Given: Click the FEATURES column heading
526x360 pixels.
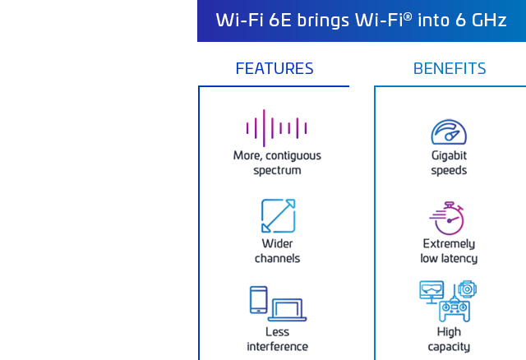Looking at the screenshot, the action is (x=275, y=68).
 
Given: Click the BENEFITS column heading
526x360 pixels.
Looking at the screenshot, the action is (x=450, y=68).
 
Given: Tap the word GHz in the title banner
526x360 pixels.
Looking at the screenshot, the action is (x=489, y=20).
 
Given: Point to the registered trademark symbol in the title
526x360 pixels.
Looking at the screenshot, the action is (x=408, y=16).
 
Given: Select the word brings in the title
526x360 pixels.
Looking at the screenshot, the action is (x=318, y=21).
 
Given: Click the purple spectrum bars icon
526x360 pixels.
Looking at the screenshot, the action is (x=276, y=128).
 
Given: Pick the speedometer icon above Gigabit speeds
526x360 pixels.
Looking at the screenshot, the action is (x=449, y=132).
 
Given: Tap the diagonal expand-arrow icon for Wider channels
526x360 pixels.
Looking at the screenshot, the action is (x=278, y=215).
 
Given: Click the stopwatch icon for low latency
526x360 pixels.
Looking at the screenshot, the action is (x=447, y=218).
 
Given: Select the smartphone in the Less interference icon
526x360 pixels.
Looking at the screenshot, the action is (x=258, y=300).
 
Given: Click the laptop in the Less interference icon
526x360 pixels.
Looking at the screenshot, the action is (x=287, y=310).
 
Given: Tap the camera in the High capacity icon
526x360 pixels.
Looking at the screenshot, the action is (x=468, y=288).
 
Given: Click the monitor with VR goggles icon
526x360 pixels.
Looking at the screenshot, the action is (x=431, y=292).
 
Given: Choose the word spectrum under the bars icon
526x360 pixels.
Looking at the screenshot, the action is (x=277, y=171).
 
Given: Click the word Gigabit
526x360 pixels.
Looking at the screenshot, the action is (x=449, y=155).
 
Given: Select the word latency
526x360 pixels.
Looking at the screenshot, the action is (x=461, y=259).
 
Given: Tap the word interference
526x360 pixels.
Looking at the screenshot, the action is (x=278, y=347).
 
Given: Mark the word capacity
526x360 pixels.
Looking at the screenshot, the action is (x=449, y=347).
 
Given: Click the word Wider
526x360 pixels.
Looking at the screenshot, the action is (x=277, y=243).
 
